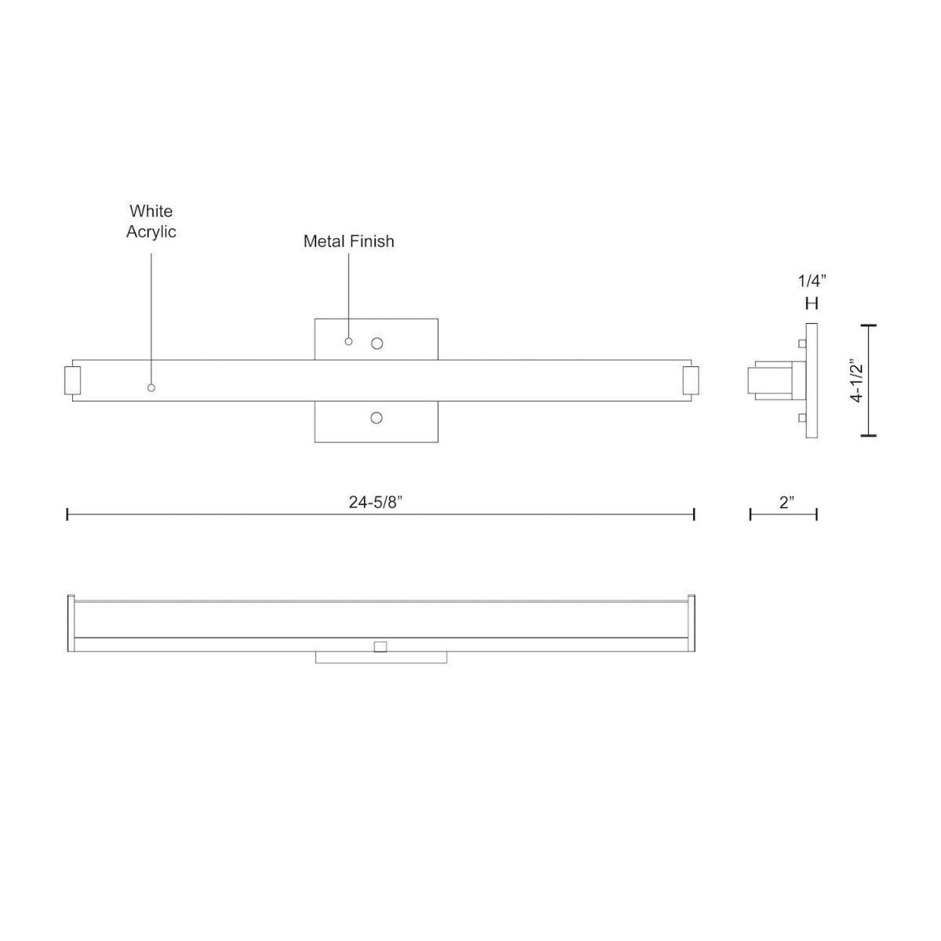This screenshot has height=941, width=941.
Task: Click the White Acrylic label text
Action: [x=151, y=221]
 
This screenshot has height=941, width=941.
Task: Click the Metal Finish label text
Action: [x=349, y=242]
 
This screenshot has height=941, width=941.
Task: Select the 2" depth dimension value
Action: [x=787, y=503]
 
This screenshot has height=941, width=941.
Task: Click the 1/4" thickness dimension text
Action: [x=812, y=280]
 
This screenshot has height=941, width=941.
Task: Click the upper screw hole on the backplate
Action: [x=377, y=343]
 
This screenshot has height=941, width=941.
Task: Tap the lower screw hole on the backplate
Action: [x=376, y=418]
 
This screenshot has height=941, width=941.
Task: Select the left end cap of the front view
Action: [x=71, y=380]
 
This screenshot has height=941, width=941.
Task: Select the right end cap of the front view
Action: [x=691, y=380]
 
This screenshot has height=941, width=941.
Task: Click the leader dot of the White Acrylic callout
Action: [x=151, y=388]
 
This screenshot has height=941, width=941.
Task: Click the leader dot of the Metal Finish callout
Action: [x=349, y=342]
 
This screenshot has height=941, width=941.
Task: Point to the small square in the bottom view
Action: [x=380, y=646]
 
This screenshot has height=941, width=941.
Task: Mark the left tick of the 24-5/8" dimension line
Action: [x=68, y=514]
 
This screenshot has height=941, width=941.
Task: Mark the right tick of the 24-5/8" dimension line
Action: [x=694, y=514]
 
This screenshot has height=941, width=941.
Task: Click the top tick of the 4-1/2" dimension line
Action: [x=868, y=325]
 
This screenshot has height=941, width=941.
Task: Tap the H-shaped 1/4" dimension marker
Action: [x=812, y=303]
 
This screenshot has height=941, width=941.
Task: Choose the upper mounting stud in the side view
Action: [x=800, y=343]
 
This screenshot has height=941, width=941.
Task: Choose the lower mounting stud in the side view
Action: [x=800, y=417]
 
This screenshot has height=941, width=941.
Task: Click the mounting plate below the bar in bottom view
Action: [x=381, y=658]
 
